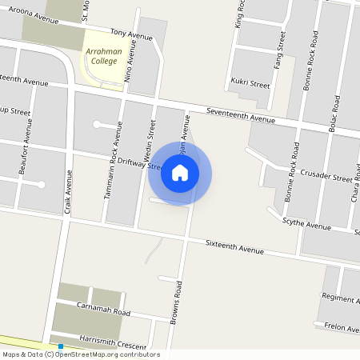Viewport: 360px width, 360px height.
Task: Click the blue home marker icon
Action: [x=180, y=173]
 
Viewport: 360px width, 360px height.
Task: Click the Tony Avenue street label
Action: [x=131, y=34]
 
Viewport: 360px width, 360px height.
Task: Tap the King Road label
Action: [x=239, y=14]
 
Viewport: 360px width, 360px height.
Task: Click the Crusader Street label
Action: [x=330, y=178]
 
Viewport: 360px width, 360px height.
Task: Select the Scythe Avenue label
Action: [x=306, y=226]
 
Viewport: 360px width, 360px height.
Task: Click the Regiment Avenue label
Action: [x=341, y=298]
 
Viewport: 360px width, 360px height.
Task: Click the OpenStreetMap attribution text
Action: [x=81, y=354]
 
